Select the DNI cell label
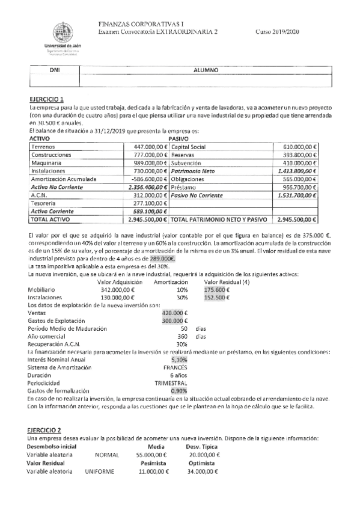point(54,70)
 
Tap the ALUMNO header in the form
point(204,70)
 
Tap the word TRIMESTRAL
point(171,382)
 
